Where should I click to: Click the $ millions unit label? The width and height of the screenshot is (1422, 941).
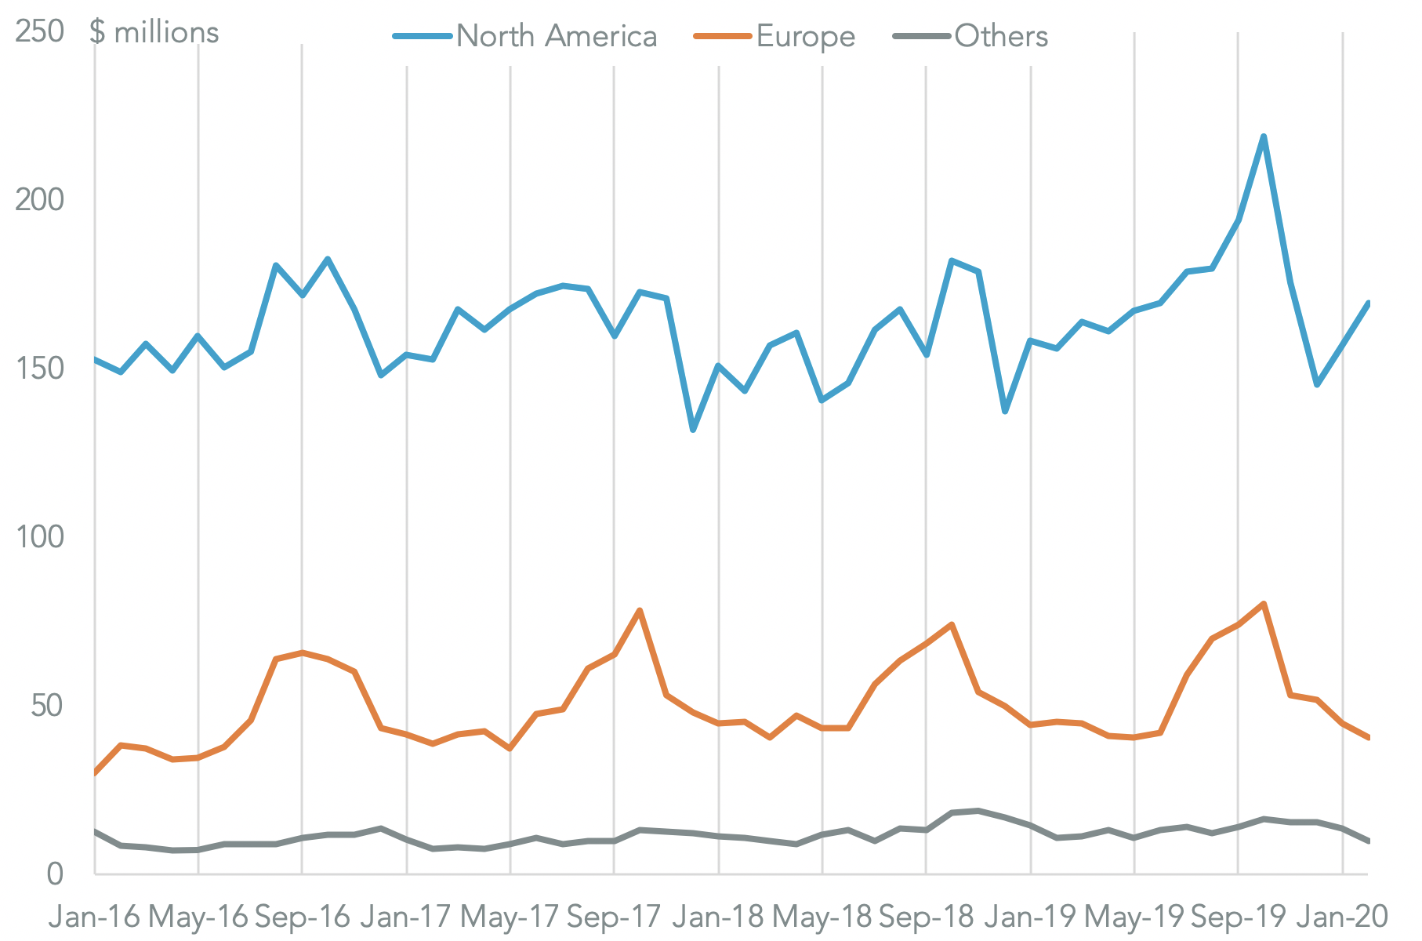[154, 32]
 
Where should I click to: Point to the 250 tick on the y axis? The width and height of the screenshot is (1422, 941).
[39, 32]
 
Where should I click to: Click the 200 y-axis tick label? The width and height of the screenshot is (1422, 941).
[39, 200]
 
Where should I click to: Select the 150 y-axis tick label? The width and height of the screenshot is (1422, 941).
[39, 369]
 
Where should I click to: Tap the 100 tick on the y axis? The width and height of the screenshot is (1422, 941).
[39, 537]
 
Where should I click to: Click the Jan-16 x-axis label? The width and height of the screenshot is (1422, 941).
[94, 916]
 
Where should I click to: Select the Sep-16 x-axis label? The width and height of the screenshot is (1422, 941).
[303, 916]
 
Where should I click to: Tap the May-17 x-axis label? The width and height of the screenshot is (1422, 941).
[510, 916]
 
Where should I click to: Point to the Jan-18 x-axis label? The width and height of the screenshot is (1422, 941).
[718, 916]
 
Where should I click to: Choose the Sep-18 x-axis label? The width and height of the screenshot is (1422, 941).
[926, 916]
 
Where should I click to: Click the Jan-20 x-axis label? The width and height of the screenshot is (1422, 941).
[1342, 916]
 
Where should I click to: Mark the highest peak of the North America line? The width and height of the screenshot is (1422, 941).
[1264, 136]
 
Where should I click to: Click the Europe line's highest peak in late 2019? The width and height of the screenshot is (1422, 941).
[1264, 603]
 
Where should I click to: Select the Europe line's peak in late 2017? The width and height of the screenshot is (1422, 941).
[640, 610]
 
